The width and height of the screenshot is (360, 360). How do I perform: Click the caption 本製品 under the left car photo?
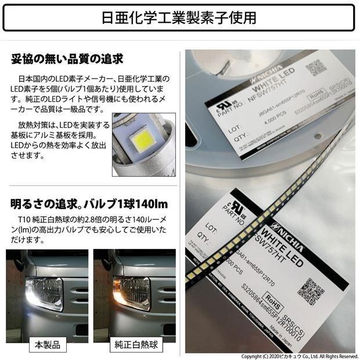47,345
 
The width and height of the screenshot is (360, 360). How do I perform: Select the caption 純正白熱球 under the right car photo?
134,345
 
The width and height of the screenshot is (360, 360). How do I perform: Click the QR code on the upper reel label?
316,68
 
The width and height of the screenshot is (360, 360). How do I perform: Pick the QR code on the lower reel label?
314,289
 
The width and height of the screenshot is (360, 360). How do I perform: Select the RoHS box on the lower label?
276,303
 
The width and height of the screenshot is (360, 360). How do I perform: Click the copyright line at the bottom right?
300,356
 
